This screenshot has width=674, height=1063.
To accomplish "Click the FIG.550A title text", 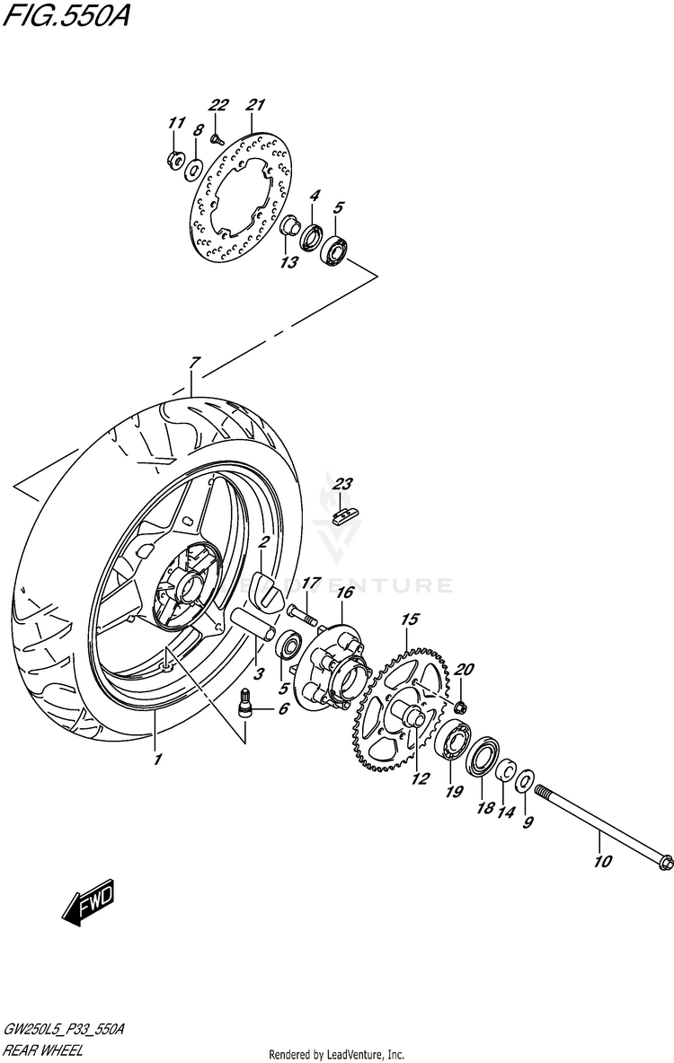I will (x=65, y=16).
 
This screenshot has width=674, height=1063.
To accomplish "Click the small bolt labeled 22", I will (x=217, y=137).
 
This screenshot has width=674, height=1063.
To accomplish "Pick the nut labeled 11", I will (x=174, y=160).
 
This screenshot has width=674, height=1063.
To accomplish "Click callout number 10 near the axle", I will (x=602, y=862).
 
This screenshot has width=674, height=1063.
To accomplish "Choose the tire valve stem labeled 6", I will (x=244, y=702).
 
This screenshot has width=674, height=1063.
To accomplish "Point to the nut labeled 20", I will (x=459, y=708).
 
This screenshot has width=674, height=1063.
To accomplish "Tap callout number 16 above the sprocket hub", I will (x=343, y=593).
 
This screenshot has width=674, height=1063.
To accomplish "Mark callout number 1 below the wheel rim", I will (x=157, y=759).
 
